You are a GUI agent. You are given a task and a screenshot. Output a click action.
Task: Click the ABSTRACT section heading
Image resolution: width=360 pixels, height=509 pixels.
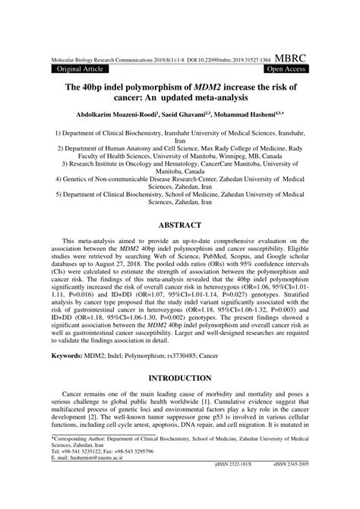pos(180,225)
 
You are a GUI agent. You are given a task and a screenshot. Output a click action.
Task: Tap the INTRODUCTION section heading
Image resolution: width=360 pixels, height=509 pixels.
pos(180,378)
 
